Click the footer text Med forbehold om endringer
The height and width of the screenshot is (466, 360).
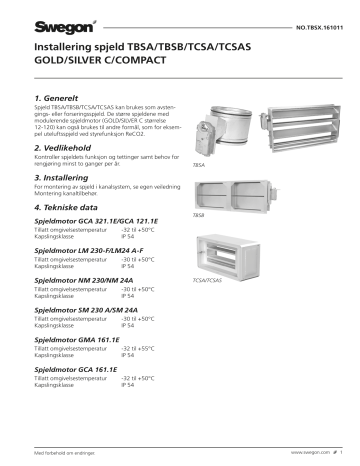tap(63, 454)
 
